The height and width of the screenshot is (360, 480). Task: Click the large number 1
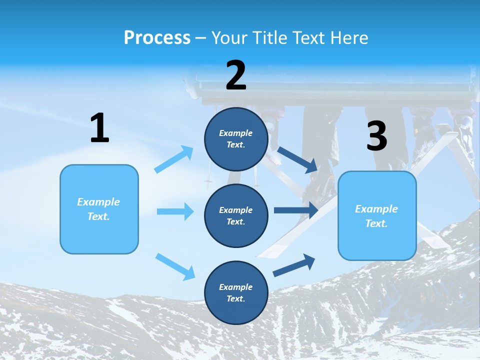coord(99,128)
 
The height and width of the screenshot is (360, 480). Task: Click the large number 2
coord(236,75)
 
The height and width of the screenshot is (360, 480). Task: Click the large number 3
coord(377,136)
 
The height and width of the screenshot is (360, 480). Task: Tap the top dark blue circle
coord(236,139)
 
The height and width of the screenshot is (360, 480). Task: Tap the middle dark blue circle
coord(236,215)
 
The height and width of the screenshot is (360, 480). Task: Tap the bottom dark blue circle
coord(236,292)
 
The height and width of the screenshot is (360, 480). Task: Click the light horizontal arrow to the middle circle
coord(175,211)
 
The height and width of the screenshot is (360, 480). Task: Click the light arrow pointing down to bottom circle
coord(175,266)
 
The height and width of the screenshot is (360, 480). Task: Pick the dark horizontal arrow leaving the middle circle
coord(295,210)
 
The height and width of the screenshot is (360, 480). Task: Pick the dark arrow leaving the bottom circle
coord(294,265)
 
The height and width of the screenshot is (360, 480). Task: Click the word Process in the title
coord(157,38)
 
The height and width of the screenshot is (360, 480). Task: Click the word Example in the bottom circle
coord(235,287)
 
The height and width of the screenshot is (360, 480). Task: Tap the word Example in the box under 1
coord(98,202)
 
